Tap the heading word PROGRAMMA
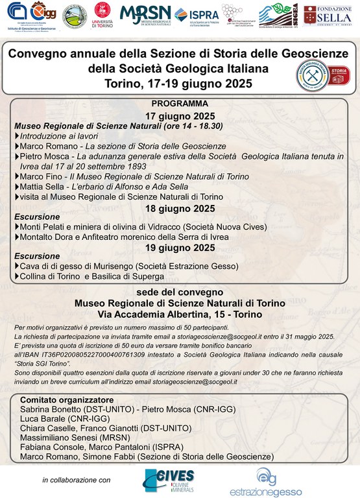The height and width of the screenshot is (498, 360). [180, 103]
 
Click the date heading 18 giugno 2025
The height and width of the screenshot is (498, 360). [180, 207]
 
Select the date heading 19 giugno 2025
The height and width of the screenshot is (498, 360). [180, 248]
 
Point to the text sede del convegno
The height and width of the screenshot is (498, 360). [180, 290]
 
